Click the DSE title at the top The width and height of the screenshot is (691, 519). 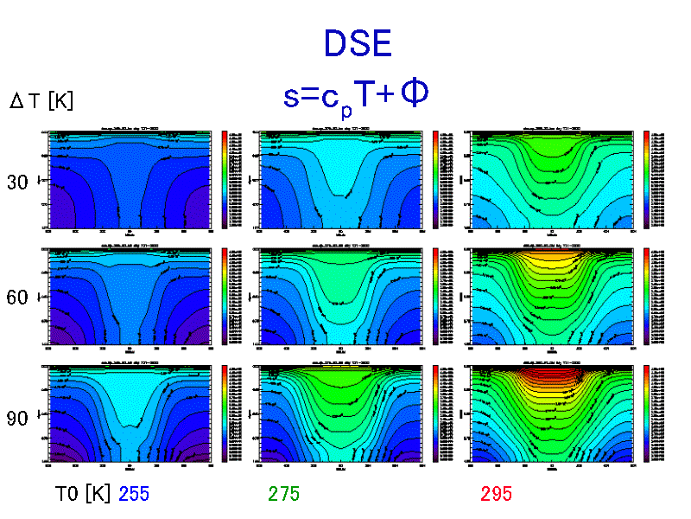click(358, 43)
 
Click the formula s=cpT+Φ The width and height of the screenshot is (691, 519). click(356, 94)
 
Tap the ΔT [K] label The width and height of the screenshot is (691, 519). click(41, 101)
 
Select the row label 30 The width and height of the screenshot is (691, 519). click(18, 183)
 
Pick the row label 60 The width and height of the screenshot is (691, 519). click(18, 298)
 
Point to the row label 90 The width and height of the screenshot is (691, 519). click(18, 418)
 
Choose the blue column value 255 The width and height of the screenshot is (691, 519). click(134, 494)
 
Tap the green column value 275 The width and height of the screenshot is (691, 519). click(284, 494)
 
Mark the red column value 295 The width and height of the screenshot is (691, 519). click(497, 494)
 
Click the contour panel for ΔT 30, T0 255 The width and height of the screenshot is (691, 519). click(130, 180)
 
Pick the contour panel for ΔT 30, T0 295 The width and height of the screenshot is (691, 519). click(551, 180)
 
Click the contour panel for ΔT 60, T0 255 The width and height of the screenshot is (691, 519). click(130, 297)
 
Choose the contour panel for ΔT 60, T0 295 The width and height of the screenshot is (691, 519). click(551, 297)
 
